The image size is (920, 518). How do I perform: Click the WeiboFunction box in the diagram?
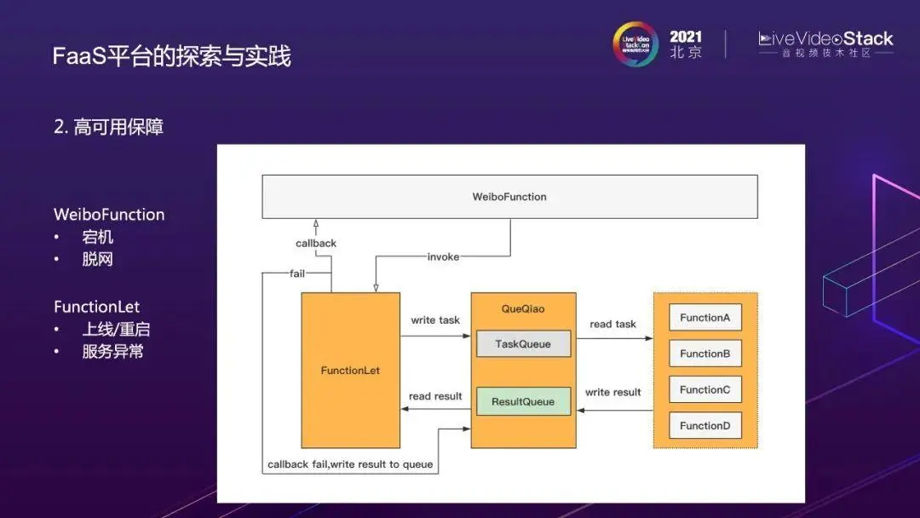tap(509, 197)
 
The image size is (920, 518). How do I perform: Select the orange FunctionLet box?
tap(350, 371)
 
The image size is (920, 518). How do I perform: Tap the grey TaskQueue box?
tap(523, 344)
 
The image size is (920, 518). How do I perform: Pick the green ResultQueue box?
tap(523, 401)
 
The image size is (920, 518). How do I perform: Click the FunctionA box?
tap(705, 318)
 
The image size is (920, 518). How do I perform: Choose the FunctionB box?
tap(705, 354)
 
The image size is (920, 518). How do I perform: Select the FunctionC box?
tap(705, 389)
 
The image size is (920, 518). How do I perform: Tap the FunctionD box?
tap(705, 425)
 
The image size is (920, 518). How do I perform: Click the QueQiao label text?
tap(523, 308)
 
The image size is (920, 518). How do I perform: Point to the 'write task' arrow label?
tap(435, 320)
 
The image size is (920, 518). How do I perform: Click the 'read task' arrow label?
tap(613, 324)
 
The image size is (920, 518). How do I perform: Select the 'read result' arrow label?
tap(435, 396)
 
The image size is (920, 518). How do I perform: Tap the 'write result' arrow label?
tap(613, 392)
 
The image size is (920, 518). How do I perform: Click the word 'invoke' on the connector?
tap(443, 256)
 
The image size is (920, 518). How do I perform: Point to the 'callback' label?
tap(316, 244)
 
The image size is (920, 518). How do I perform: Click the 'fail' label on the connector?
tap(297, 273)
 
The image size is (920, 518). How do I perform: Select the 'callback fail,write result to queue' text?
tap(350, 464)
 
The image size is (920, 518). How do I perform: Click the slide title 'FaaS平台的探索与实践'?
tap(172, 56)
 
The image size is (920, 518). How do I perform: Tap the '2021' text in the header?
tap(686, 37)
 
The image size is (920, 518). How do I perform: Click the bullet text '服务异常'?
tap(112, 351)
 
